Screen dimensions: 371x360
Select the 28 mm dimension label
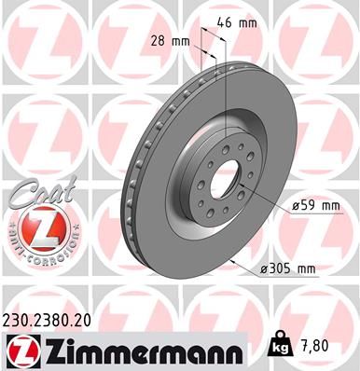173,41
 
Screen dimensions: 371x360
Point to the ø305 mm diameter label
289,268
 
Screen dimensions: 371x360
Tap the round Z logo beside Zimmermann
21,350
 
